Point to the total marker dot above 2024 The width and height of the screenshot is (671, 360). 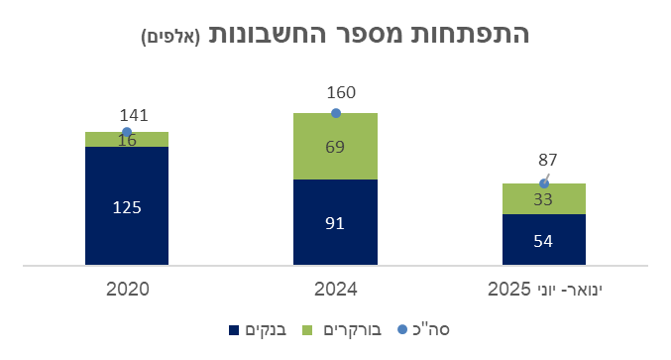click(335, 113)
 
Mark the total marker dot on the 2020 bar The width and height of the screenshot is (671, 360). click(127, 132)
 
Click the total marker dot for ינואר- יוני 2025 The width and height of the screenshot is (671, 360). click(543, 183)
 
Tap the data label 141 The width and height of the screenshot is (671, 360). click(134, 116)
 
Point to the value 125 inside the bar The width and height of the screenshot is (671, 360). click(127, 207)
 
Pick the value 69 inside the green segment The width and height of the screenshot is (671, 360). click(335, 148)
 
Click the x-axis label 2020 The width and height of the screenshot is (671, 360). click(127, 290)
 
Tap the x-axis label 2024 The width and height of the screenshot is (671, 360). click(335, 290)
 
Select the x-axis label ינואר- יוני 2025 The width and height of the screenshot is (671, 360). click(543, 290)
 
